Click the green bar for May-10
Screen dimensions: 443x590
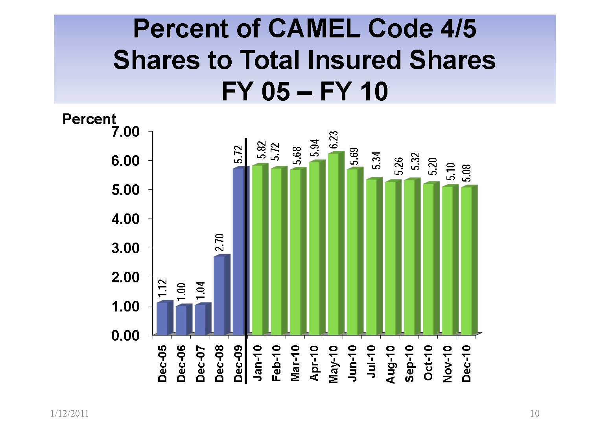(333, 244)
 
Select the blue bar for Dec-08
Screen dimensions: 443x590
(219, 295)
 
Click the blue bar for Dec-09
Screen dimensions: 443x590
(238, 252)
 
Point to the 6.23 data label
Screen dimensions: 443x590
(334, 141)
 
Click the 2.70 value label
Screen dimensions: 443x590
(219, 242)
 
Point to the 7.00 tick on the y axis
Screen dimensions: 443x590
(125, 132)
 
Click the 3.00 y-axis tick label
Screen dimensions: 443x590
(125, 248)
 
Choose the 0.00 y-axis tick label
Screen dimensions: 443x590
(125, 335)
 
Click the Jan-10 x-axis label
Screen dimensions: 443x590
(258, 363)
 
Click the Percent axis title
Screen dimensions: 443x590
(89, 119)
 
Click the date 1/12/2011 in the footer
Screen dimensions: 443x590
(70, 413)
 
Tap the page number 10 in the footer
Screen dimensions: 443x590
(535, 413)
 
